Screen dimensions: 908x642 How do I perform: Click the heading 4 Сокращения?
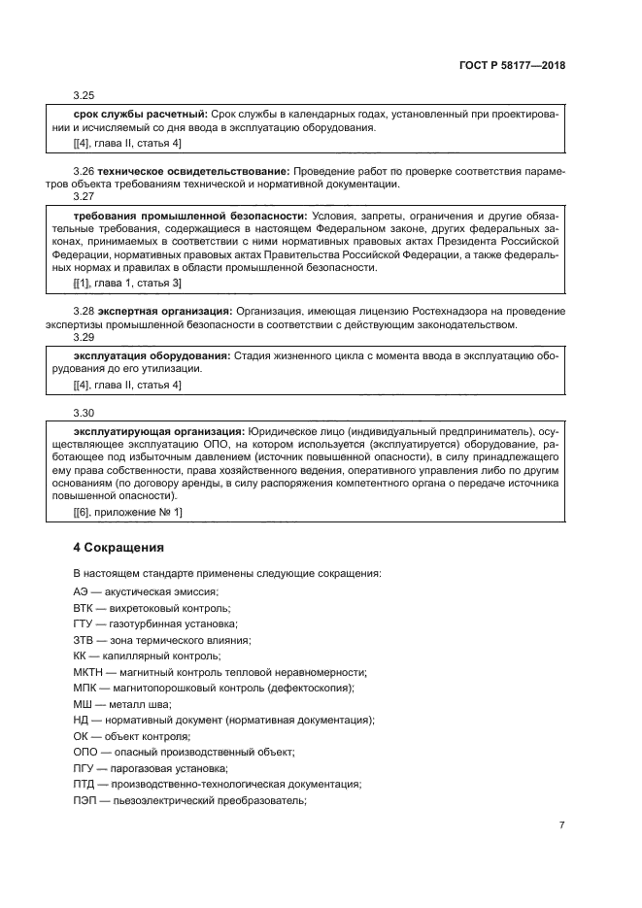coord(120,547)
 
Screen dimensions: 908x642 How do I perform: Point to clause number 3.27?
coord(84,196)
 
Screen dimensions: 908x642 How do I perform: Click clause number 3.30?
coord(84,412)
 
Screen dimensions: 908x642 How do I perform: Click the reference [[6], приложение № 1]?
coord(127,511)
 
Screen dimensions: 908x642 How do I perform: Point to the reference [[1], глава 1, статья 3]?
coord(127,283)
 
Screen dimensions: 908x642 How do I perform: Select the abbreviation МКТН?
coord(87,672)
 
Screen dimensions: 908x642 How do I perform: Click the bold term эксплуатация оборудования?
coord(152,355)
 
